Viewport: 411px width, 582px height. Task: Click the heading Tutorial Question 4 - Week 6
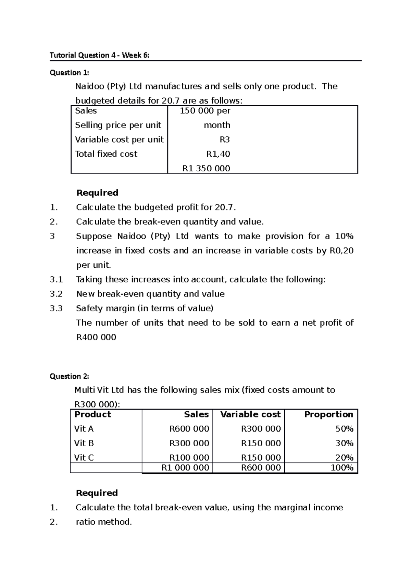99,55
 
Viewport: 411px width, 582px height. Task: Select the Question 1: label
69,73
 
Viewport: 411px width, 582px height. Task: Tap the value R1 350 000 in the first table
206,168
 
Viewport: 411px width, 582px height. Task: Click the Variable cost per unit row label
119,140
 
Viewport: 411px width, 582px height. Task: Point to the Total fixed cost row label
106,154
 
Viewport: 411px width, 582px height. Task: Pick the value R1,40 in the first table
218,154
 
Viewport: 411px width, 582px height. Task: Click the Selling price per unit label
118,125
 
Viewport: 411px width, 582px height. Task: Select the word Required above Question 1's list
97,193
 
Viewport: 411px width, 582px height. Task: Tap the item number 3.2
56,294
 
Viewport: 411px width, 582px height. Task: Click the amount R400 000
96,337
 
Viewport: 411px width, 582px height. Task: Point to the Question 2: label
69,376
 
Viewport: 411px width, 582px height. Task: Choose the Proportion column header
328,414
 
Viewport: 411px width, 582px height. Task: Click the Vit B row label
84,443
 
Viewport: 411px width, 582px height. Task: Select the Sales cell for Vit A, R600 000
189,429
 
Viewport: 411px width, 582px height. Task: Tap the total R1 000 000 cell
185,468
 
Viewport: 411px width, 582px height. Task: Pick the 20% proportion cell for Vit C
344,458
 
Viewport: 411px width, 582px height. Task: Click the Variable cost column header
250,414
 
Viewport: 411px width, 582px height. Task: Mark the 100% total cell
342,468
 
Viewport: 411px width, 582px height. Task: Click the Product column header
93,414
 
